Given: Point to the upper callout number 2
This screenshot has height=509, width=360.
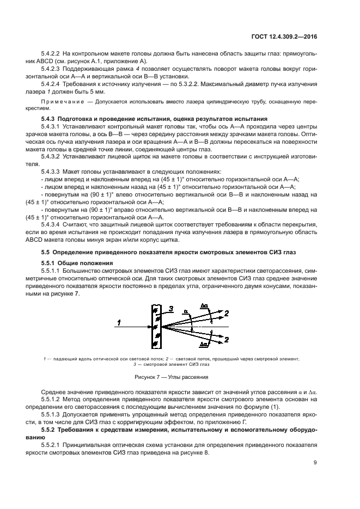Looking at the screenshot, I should coord(228,312).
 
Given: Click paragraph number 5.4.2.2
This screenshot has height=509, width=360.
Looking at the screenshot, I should coord(51,54).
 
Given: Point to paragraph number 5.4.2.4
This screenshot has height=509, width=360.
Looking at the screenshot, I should coord(51,85).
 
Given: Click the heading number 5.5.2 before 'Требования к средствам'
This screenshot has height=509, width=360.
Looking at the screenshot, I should coord(49,430).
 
